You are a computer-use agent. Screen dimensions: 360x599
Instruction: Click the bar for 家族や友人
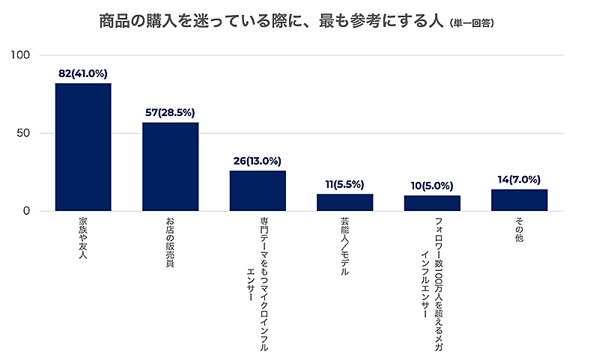pyautogui.click(x=83, y=147)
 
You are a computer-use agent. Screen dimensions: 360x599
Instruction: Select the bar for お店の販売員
pyautogui.click(x=170, y=166)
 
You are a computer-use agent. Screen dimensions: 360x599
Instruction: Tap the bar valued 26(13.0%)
pyautogui.click(x=258, y=191)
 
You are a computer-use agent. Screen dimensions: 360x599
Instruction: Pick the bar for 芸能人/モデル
pyautogui.click(x=344, y=202)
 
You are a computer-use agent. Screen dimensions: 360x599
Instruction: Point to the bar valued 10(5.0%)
pyautogui.click(x=432, y=203)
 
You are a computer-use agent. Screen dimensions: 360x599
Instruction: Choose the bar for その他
pyautogui.click(x=519, y=200)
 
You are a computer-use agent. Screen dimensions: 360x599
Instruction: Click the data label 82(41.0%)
pyautogui.click(x=83, y=74)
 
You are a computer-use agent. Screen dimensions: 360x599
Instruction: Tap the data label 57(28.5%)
pyautogui.click(x=170, y=113)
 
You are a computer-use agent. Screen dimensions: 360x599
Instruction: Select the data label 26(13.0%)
pyautogui.click(x=258, y=161)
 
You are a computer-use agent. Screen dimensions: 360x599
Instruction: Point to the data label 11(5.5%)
pyautogui.click(x=344, y=184)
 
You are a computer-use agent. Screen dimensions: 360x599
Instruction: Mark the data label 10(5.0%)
pyautogui.click(x=432, y=186)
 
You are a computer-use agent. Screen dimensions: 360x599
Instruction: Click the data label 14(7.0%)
pyautogui.click(x=519, y=180)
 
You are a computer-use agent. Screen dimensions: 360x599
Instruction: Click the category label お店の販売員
pyautogui.click(x=170, y=243)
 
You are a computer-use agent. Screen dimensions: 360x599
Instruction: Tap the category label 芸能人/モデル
pyautogui.click(x=344, y=248)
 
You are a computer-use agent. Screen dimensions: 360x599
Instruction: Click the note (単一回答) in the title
pyautogui.click(x=472, y=23)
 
